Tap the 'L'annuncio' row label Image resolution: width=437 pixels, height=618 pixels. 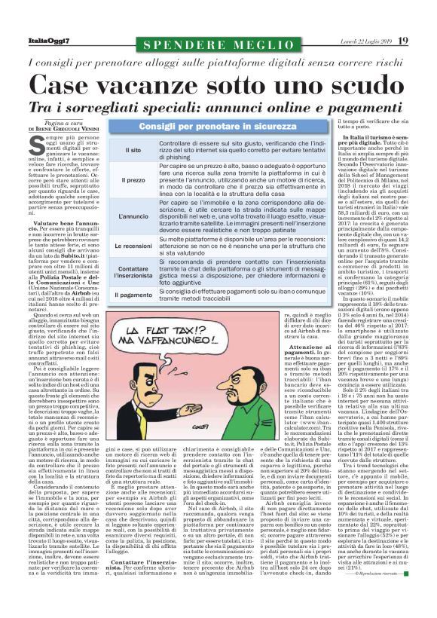coord(132,216)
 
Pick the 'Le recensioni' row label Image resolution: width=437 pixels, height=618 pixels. coord(132,246)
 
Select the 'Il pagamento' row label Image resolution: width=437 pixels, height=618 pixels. coord(132,296)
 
